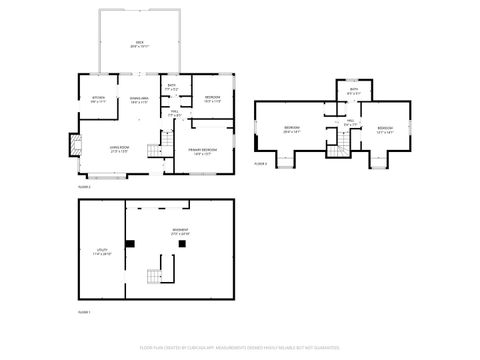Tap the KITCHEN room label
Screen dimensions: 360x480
tap(99, 99)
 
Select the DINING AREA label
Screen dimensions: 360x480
tap(139, 99)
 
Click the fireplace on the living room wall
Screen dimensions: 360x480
tap(73, 146)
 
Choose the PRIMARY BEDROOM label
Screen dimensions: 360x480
tap(202, 151)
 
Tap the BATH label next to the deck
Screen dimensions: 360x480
tap(171, 88)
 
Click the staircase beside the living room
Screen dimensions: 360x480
tap(154, 151)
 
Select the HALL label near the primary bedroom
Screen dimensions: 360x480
tap(174, 114)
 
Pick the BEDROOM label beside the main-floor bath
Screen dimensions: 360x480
tap(212, 99)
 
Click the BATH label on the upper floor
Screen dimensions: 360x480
tap(353, 91)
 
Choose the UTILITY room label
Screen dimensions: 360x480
tap(101, 254)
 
